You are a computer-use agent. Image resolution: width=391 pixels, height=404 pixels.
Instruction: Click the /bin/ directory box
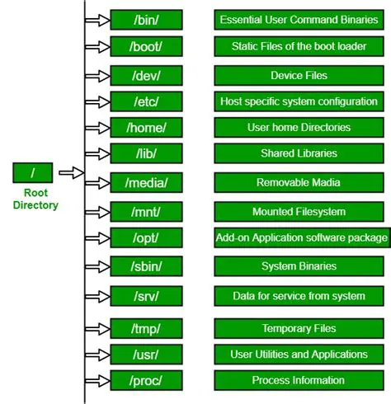point(145,19)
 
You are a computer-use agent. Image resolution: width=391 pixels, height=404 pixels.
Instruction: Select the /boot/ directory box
point(145,45)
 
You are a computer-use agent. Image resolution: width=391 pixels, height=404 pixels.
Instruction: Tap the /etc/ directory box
point(145,102)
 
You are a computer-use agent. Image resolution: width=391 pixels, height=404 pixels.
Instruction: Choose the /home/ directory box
point(145,128)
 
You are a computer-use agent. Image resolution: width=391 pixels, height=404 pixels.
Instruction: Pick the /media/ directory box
point(145,181)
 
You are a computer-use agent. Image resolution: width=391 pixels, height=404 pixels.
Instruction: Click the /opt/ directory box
point(145,238)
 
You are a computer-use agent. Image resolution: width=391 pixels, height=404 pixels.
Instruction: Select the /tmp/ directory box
point(145,328)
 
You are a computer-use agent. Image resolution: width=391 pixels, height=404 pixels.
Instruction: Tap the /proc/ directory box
point(145,380)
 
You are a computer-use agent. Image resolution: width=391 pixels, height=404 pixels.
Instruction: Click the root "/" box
point(33,172)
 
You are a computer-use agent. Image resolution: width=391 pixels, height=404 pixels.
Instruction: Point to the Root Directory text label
point(35,199)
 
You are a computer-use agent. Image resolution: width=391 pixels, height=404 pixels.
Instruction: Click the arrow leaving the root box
point(72,172)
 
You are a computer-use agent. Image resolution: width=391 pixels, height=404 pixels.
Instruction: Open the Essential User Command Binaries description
point(299,19)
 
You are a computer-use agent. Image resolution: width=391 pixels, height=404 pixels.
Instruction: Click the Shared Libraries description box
point(299,153)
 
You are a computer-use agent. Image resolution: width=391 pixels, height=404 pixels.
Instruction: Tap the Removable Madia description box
point(299,181)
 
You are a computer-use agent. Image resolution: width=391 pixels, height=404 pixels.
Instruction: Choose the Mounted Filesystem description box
point(299,212)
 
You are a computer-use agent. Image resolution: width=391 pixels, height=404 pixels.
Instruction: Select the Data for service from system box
point(299,295)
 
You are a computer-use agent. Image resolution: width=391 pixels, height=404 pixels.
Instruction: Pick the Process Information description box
point(299,380)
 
